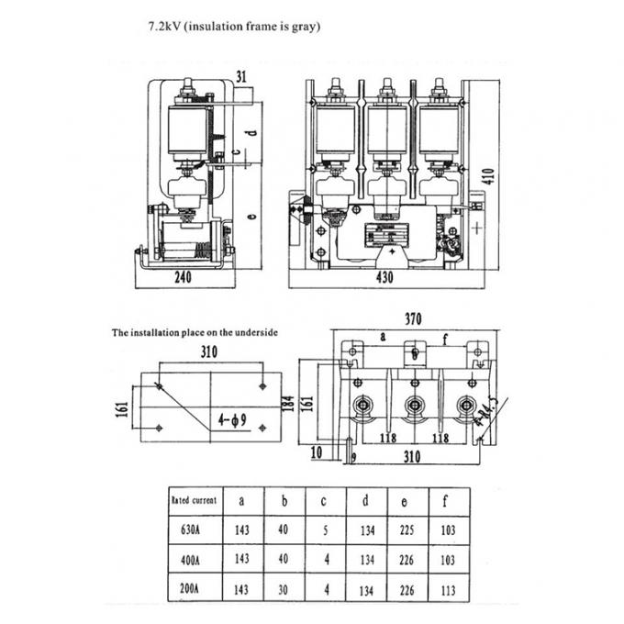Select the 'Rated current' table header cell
(x=195, y=500)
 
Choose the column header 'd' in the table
(x=365, y=501)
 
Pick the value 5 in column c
(x=325, y=529)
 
